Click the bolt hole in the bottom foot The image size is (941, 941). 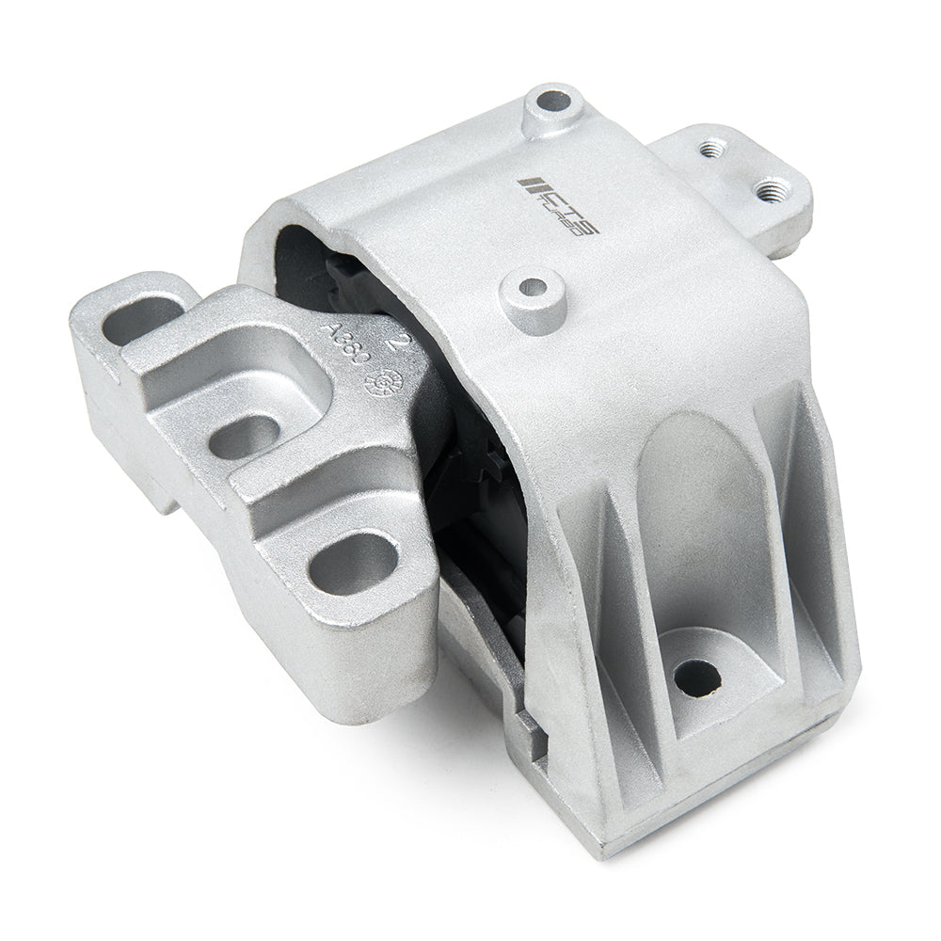(697, 675)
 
